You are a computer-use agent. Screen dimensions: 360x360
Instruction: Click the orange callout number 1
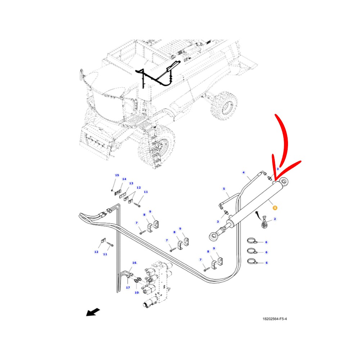[x=275, y=208]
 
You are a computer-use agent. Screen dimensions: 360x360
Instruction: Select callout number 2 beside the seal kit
[x=275, y=219]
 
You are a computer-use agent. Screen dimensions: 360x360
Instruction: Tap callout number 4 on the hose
[x=244, y=172]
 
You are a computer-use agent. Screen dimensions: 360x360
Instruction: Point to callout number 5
[x=224, y=189]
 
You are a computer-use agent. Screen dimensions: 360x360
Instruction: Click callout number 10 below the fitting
[x=136, y=292]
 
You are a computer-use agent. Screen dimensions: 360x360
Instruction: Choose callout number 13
[x=131, y=183]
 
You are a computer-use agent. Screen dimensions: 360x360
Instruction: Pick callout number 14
[x=124, y=179]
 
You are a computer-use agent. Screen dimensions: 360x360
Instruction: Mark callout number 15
[x=117, y=175]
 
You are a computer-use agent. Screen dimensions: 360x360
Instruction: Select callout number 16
[x=134, y=263]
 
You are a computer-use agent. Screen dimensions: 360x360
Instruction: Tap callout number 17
[x=128, y=287]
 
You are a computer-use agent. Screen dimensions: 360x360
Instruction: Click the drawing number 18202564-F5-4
[x=275, y=319]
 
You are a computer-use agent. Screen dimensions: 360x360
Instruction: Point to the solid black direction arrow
[x=93, y=312]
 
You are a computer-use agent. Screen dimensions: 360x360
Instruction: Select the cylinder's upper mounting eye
[x=284, y=181]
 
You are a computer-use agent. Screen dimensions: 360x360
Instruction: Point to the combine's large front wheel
[x=156, y=147]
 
